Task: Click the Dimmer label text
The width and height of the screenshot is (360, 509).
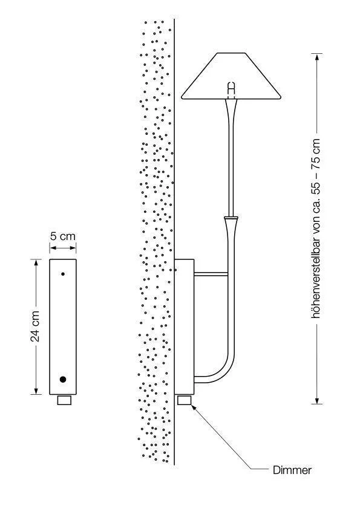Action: [292, 470]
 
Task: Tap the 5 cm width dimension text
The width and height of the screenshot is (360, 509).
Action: [63, 236]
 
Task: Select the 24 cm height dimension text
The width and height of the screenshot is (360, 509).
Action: [35, 326]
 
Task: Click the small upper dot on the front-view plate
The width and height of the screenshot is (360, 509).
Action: [63, 274]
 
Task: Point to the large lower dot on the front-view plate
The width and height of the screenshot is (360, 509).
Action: [63, 379]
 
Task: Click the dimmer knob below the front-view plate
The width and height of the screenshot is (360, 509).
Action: [64, 400]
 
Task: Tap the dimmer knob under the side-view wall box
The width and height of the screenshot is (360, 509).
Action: [184, 400]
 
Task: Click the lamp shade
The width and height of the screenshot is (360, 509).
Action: [231, 76]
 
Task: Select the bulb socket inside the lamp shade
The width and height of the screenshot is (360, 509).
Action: [231, 89]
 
